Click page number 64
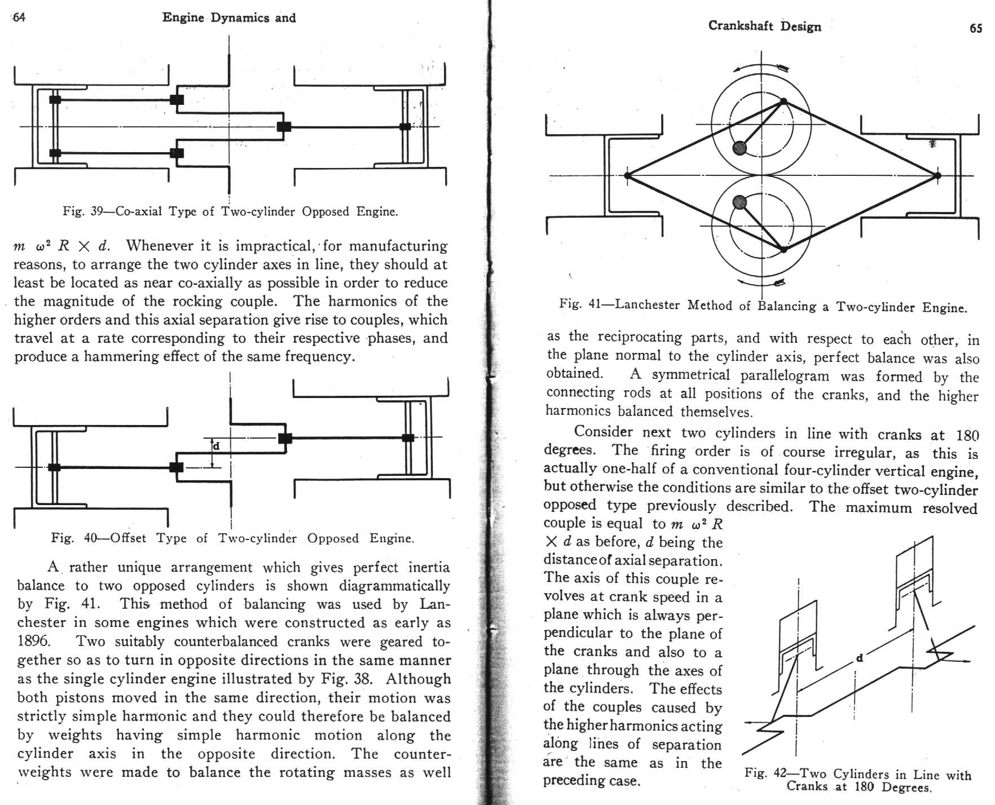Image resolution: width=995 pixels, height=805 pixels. click(x=19, y=17)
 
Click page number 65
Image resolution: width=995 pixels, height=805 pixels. click(x=976, y=28)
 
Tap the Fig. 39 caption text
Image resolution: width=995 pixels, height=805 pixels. click(x=230, y=211)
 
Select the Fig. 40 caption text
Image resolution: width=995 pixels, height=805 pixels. click(x=232, y=538)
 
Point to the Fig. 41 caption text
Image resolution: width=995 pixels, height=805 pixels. click(x=763, y=306)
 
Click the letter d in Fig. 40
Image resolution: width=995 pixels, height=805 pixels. click(x=216, y=446)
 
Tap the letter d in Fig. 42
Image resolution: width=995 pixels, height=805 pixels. click(x=859, y=657)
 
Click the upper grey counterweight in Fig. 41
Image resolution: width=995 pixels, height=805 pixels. click(x=739, y=148)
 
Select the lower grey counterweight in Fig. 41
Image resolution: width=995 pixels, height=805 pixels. click(x=739, y=202)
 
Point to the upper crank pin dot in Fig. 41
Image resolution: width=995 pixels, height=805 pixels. click(x=783, y=101)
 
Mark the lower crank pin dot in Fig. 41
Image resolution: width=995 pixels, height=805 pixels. click(x=783, y=249)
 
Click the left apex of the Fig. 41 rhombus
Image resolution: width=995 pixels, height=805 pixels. click(x=628, y=175)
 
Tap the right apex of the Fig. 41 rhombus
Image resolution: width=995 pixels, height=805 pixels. click(x=937, y=175)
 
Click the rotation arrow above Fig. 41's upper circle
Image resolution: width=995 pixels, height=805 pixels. click(x=761, y=68)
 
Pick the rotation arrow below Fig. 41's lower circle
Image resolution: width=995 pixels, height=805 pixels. click(x=761, y=281)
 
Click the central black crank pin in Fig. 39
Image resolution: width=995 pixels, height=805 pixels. click(x=284, y=126)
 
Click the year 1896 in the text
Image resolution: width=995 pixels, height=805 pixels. click(x=34, y=641)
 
